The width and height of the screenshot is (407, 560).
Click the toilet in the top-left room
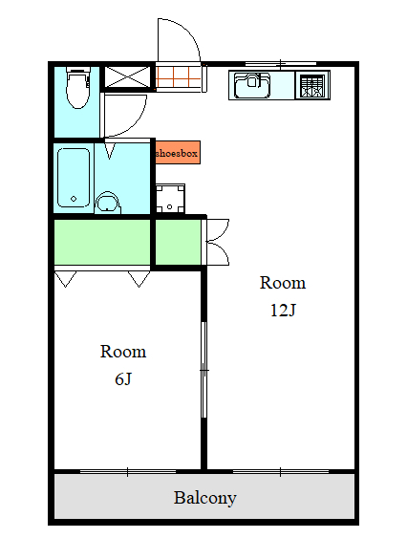coord(78,88)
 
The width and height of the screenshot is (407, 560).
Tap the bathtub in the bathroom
coord(74,178)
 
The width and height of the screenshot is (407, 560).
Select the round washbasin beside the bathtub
coord(107,204)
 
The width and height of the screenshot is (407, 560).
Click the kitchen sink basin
coord(252,85)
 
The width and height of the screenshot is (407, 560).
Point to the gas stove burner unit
coord(312,85)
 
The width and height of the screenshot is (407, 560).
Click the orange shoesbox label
coord(178,153)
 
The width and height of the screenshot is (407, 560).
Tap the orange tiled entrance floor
coord(179,77)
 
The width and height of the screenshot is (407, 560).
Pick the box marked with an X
coord(127,76)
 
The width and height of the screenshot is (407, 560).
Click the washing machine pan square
coord(170,199)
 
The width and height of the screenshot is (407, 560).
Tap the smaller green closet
coord(178,242)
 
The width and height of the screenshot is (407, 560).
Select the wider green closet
coord(102,242)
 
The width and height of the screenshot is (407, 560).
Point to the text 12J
coord(283,310)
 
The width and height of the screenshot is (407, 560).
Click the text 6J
coord(123,379)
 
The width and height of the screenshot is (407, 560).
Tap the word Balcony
coord(204,498)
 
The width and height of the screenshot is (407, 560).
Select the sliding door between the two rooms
coord(203,370)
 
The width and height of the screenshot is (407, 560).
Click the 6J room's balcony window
coord(128,472)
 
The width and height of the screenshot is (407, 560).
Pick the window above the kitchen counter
coord(281,64)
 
